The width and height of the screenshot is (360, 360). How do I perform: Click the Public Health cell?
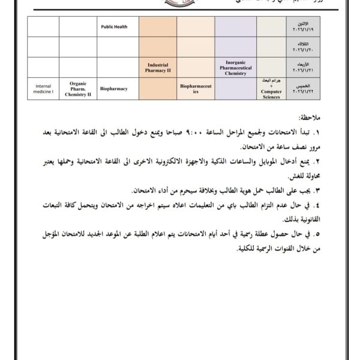118,26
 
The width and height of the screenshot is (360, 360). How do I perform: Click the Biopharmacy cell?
118,88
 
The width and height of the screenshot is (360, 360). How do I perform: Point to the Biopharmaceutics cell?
196,89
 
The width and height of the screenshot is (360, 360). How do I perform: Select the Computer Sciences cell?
271,89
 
